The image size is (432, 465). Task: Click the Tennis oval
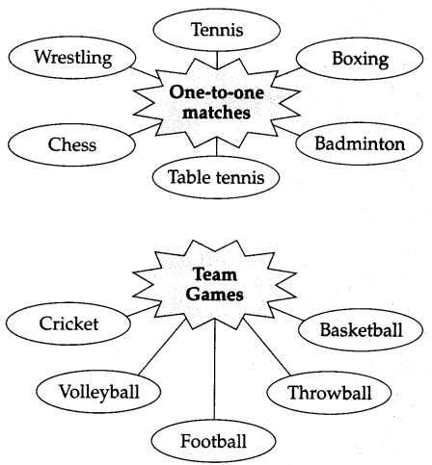(x=217, y=30)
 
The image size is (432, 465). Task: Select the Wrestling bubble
(x=72, y=58)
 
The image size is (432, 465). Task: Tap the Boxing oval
(x=360, y=59)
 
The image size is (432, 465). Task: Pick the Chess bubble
(x=71, y=144)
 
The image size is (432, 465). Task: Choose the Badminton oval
(x=359, y=143)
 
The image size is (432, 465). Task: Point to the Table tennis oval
(x=216, y=177)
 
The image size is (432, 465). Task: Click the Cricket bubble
(x=68, y=323)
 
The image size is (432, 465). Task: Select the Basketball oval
(x=361, y=330)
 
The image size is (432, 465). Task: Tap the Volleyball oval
(x=98, y=392)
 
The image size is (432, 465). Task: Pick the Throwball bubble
(x=329, y=393)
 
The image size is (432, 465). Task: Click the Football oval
(x=213, y=441)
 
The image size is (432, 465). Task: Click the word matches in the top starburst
(x=216, y=113)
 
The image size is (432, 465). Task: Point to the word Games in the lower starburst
(x=214, y=295)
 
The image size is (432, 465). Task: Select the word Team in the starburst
(x=215, y=274)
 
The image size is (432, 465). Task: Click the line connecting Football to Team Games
(x=214, y=372)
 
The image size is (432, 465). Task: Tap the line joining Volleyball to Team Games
(x=163, y=347)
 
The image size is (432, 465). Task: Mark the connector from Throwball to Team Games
(x=267, y=347)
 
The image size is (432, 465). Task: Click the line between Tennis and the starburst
(x=217, y=60)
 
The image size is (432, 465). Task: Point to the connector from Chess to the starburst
(x=145, y=129)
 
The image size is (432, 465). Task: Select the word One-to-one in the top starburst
(x=217, y=92)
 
